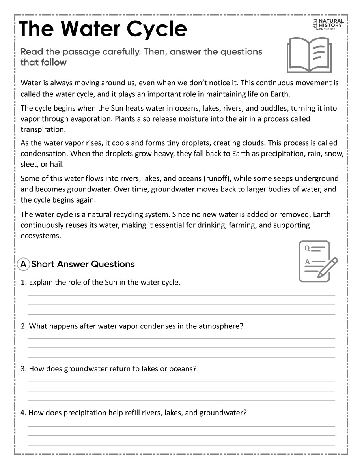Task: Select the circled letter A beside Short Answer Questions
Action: (x=24, y=264)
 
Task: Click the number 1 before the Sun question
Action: (x=23, y=283)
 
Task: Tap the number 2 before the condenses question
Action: (x=23, y=326)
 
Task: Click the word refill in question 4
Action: (x=141, y=413)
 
